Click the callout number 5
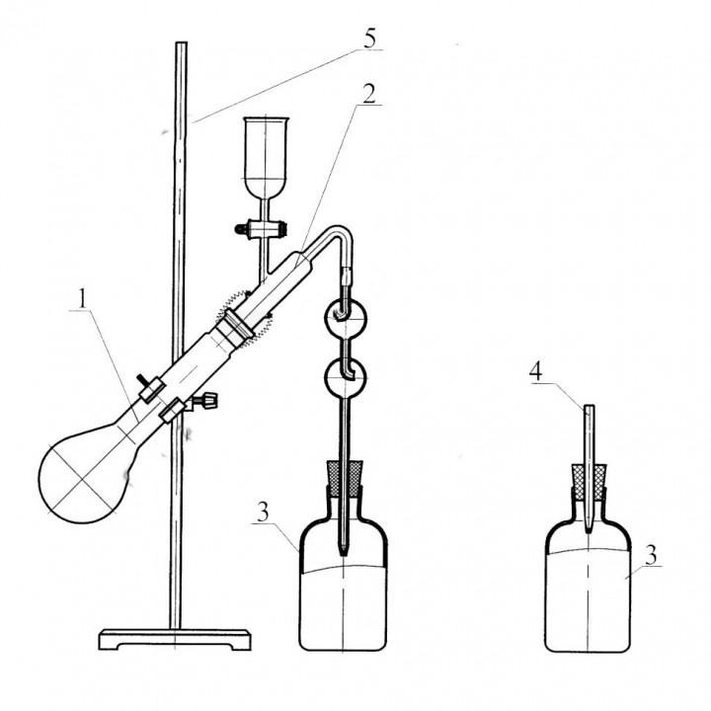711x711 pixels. [x=370, y=39]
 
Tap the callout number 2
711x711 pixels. [x=369, y=95]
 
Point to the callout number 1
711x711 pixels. [x=82, y=299]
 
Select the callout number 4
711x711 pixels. [x=535, y=372]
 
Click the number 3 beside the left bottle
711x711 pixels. [x=263, y=513]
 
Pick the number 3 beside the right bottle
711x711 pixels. [x=651, y=555]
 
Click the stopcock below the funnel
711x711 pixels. [x=262, y=228]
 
